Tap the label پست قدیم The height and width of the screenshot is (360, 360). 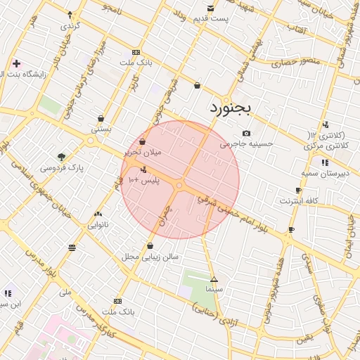point(212,18)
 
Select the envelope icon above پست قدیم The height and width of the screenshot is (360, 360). point(211,8)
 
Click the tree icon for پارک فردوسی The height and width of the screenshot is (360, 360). point(61,157)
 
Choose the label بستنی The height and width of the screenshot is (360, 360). point(101,129)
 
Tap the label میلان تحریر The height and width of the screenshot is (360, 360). point(143,152)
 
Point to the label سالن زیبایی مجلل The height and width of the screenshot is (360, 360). point(150,257)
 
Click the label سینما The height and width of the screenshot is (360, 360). point(214,289)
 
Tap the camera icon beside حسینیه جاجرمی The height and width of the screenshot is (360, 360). point(245,133)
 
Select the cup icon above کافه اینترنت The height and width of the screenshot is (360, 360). point(299,191)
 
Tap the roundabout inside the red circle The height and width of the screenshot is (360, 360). point(180,186)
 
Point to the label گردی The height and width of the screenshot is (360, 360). point(70,25)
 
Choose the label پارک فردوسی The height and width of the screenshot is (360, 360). point(61,169)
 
